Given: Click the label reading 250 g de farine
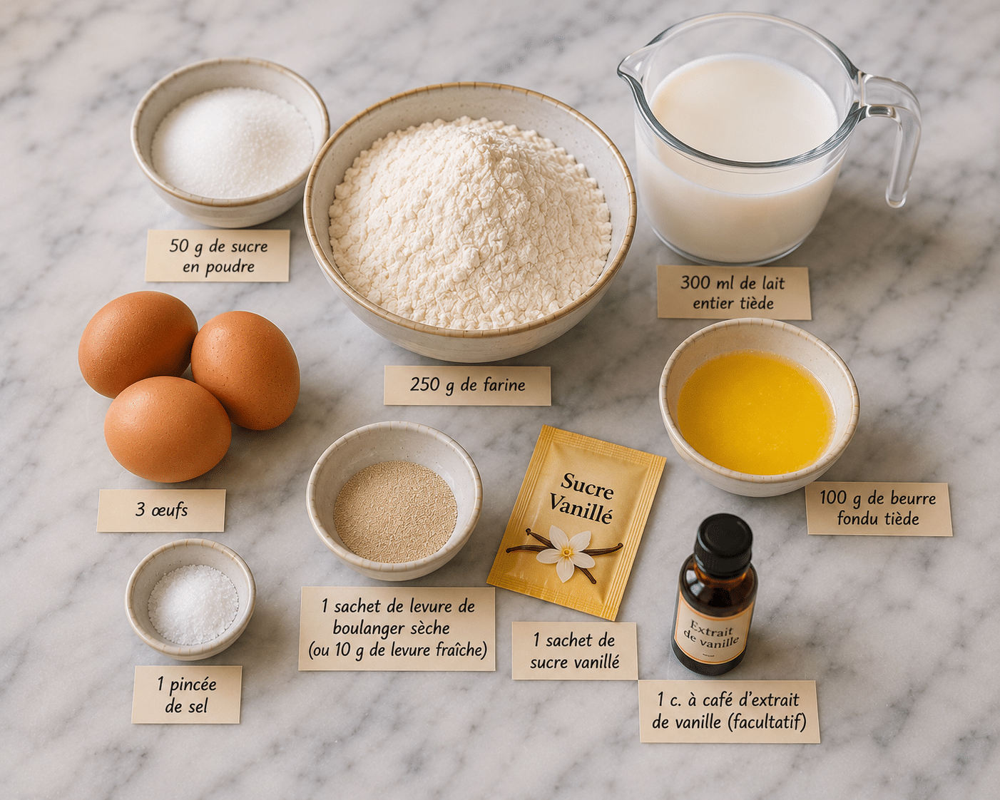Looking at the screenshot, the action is coord(467,385).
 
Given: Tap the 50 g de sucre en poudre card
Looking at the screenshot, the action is coord(218,255).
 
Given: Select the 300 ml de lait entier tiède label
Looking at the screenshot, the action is coord(733,292).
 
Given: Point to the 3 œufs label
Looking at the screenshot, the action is coord(161,510).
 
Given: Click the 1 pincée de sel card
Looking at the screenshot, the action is coord(186,695).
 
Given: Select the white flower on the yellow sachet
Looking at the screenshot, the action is coord(566,552).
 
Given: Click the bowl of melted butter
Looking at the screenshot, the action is coord(758,406).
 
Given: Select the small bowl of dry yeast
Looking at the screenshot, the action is coord(394,500).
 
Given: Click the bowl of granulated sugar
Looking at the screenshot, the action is coord(230,142).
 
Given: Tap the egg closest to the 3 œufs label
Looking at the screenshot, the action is coord(168,429).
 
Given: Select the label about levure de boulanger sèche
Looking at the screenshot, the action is coord(397,628).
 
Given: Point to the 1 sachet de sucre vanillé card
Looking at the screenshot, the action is coord(574,651).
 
